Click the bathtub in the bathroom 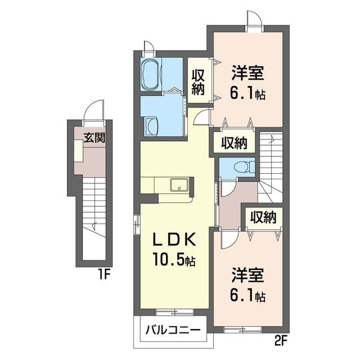coord(151,74)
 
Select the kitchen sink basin coord(179,184)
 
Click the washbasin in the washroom coord(151,126)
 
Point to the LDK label coord(174,240)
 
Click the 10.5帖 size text coord(174,260)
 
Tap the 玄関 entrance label coord(94,137)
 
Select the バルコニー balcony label coord(173,330)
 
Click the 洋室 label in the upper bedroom coord(247,73)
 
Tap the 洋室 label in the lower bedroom coord(247,275)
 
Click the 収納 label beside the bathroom coord(199,82)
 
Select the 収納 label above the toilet coord(234,143)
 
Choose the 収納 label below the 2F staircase coord(263,217)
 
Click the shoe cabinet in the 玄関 coord(79,151)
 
